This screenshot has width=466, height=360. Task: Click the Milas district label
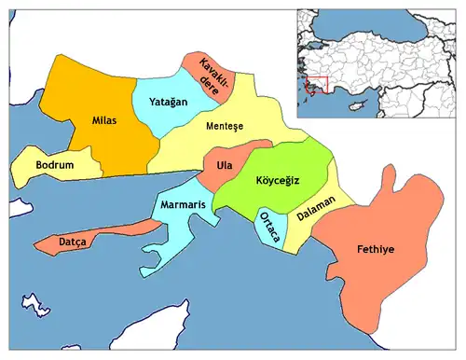pyautogui.click(x=103, y=120)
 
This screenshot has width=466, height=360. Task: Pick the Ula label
pyautogui.click(x=224, y=165)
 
